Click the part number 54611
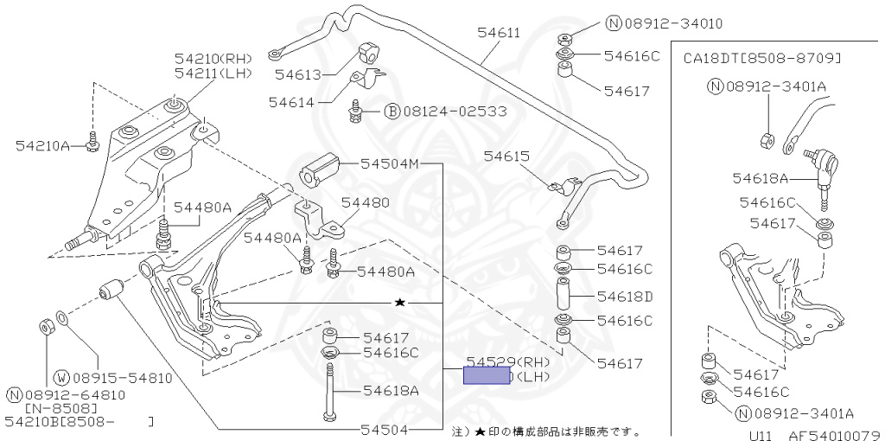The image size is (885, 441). [x=498, y=33]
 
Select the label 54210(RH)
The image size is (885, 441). [x=213, y=59]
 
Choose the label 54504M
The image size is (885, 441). [x=389, y=163]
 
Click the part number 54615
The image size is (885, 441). [x=506, y=157]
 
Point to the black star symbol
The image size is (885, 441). [x=399, y=303]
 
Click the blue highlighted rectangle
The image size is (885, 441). [x=487, y=375]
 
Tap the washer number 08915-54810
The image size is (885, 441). [x=123, y=378]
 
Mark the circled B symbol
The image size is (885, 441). [x=392, y=112]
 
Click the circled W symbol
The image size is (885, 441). [x=61, y=378]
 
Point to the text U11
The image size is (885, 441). [x=761, y=435]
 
